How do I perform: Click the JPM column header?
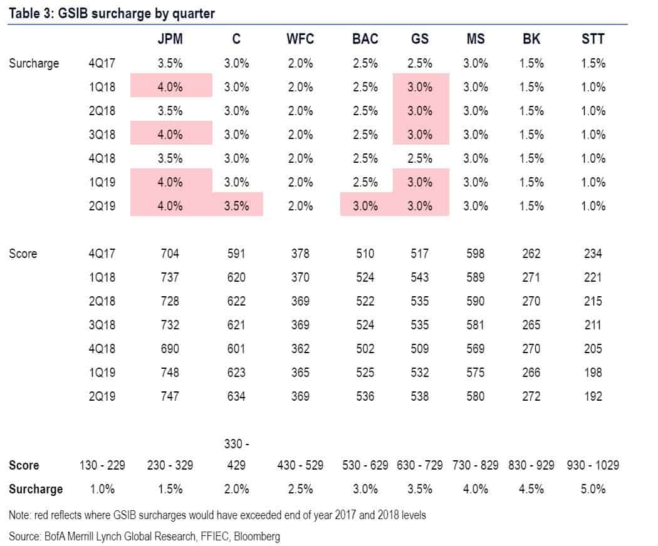(x=170, y=39)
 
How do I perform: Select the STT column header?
(x=593, y=39)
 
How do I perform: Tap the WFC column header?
(x=300, y=39)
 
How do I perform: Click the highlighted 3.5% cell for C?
(x=236, y=206)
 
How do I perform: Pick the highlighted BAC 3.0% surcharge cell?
(x=365, y=206)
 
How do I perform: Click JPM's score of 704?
(x=170, y=254)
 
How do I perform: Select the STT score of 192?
(x=593, y=396)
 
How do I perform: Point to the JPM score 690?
(x=170, y=349)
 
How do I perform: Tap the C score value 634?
(x=236, y=396)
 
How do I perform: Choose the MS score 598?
(x=476, y=254)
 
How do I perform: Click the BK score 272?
(x=531, y=396)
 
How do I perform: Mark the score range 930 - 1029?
(x=593, y=465)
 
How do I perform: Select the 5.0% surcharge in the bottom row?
(x=593, y=489)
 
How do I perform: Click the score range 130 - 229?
(x=102, y=465)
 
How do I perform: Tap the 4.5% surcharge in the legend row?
(x=531, y=489)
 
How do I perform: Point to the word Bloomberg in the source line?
(x=257, y=537)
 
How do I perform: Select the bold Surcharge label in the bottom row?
(x=36, y=489)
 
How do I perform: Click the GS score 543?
(x=420, y=277)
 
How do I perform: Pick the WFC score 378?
(x=300, y=254)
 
